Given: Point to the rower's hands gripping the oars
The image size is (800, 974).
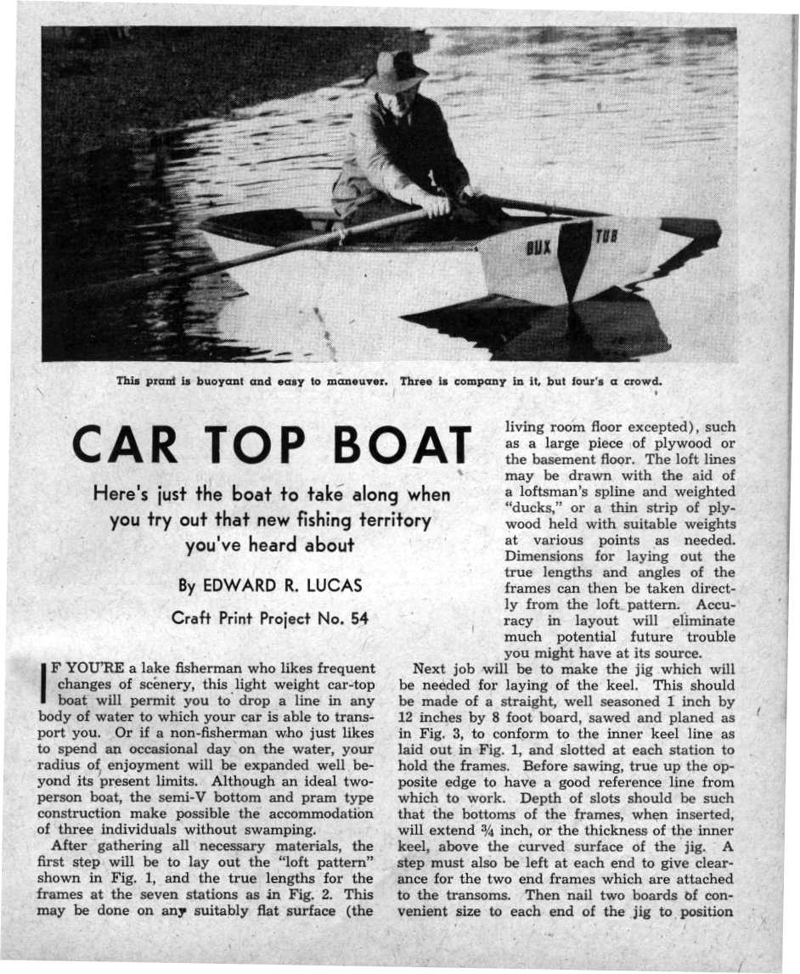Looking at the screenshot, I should (442, 203).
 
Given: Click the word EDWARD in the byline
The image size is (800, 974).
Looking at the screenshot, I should (239, 585).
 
